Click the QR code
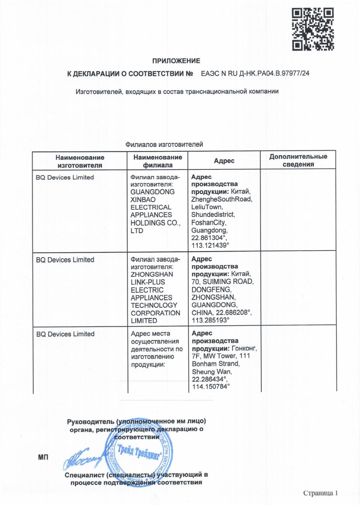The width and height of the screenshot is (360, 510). click(313, 29)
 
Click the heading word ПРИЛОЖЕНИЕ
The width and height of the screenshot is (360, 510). click(176, 61)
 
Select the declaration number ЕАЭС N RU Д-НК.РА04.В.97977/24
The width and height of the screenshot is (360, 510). click(255, 73)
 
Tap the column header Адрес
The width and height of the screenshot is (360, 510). click(224, 161)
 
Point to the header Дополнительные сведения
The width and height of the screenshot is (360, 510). click(298, 160)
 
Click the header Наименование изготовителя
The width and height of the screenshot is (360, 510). click(80, 161)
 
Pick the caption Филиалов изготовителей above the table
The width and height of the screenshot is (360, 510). click(164, 144)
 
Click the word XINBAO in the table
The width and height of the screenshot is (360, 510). click(143, 200)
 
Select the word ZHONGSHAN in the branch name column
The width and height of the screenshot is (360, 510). click(152, 274)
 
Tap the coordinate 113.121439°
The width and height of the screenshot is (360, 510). click(210, 245)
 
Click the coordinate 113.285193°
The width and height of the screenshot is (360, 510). click(210, 320)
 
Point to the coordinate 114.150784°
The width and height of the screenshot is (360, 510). click(211, 386)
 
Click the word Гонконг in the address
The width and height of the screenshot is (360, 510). click(244, 348)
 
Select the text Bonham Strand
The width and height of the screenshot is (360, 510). click(215, 364)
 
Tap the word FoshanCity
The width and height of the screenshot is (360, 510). click(208, 223)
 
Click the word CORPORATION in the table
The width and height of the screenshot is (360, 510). click(155, 313)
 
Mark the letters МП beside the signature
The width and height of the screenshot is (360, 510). click(43, 457)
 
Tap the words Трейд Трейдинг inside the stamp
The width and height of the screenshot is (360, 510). click(139, 452)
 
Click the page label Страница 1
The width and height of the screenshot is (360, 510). click(320, 493)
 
